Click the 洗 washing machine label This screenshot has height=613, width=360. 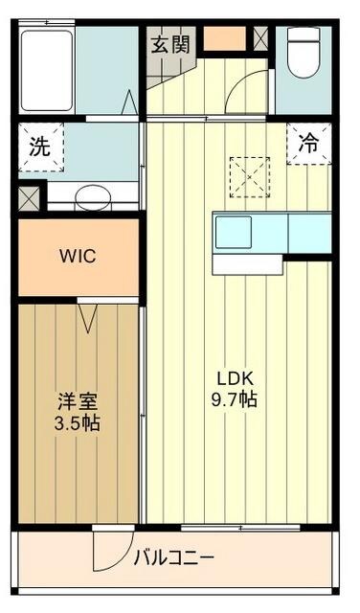pyautogui.click(x=38, y=148)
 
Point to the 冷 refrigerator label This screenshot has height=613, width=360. pyautogui.click(x=308, y=146)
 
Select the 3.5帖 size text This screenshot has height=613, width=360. pyautogui.click(x=78, y=423)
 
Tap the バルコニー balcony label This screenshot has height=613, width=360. pyautogui.click(x=174, y=556)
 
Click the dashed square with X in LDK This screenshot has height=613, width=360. pyautogui.click(x=250, y=175)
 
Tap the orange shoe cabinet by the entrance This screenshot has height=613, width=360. pyautogui.click(x=225, y=38)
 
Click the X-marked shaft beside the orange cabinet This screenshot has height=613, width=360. pyautogui.click(x=260, y=38)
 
